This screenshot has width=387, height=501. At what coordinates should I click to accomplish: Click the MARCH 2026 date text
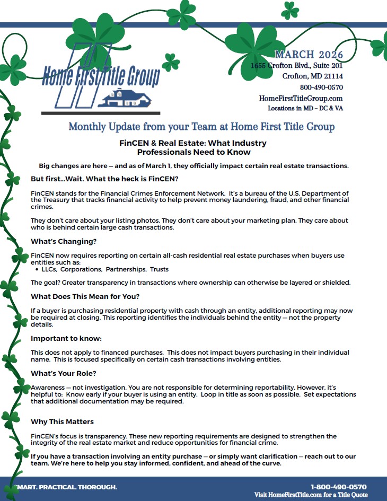309,55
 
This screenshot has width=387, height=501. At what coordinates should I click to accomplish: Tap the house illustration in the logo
128,98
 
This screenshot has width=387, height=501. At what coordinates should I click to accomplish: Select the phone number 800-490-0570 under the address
321,87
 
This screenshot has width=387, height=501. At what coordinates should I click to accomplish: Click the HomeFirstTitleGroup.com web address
301,98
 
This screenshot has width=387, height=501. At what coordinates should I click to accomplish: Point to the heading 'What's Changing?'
64,241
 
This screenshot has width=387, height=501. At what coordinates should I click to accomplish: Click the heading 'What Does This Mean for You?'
85,296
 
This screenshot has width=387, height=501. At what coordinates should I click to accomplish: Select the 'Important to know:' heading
66,338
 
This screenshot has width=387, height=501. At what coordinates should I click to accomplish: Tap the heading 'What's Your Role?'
64,373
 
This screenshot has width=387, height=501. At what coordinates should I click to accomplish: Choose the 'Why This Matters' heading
62,421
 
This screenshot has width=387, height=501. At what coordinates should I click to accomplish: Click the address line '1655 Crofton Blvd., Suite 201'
296,66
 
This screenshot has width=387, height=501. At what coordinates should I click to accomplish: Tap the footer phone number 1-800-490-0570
338,487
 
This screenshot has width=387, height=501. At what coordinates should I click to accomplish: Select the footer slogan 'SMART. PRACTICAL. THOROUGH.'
66,487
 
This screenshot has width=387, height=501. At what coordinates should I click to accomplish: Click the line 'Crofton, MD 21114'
312,76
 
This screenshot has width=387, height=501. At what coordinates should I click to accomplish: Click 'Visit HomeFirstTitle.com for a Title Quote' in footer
310,495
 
